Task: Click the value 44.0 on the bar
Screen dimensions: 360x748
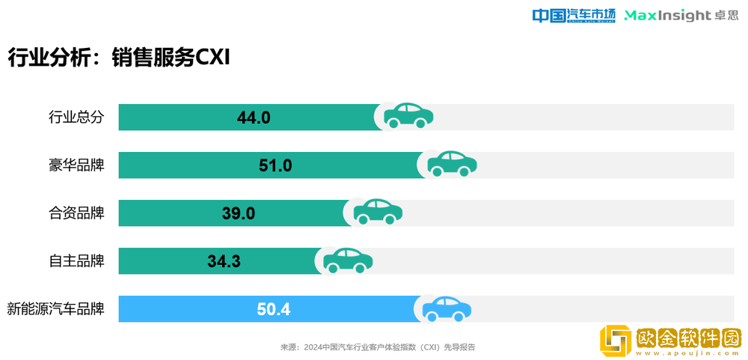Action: point(253,118)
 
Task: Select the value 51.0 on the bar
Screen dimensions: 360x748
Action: point(275,165)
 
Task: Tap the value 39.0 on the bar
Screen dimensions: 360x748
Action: point(239,213)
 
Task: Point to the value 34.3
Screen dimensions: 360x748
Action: point(224,261)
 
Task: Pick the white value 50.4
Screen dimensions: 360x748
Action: point(273,309)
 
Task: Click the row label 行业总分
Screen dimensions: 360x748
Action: point(76,118)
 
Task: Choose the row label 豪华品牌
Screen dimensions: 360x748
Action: point(76,165)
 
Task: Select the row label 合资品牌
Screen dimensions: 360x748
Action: point(76,213)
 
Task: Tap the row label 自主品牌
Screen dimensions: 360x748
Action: point(76,261)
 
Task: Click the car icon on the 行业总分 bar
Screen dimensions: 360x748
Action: point(408,115)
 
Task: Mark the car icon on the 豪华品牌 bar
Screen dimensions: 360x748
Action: point(452,163)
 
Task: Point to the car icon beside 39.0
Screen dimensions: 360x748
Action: point(378,211)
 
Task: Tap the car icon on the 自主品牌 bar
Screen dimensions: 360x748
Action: point(348,259)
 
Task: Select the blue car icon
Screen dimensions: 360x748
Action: point(447,308)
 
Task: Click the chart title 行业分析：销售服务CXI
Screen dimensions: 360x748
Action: point(118,58)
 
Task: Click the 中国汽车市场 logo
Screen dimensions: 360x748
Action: point(573,16)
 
